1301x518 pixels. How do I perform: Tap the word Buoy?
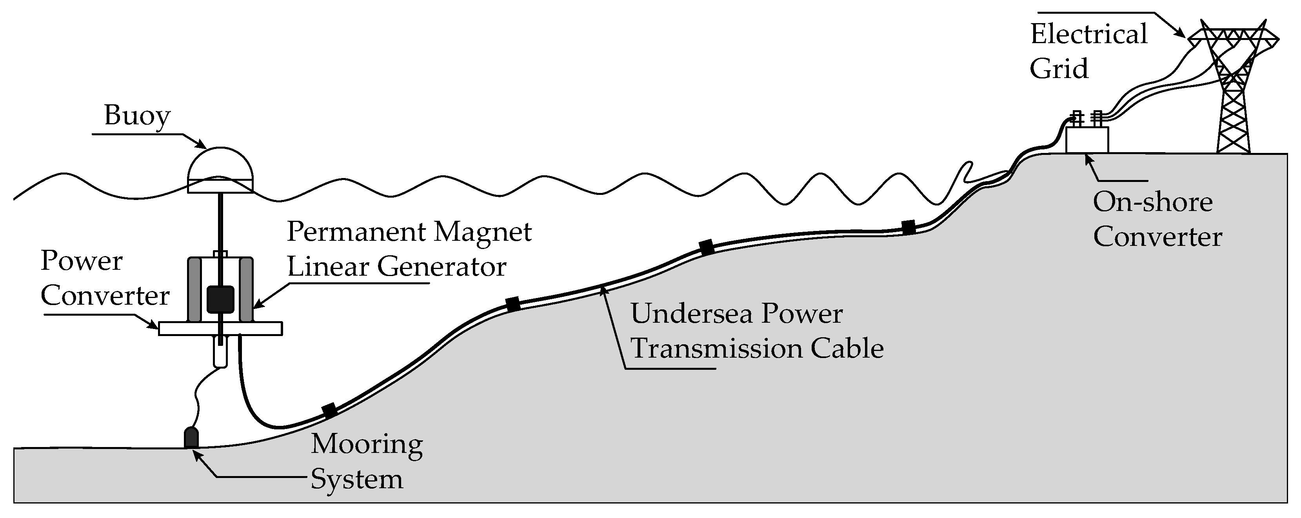tap(137, 116)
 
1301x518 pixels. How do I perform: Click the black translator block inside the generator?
tap(220, 300)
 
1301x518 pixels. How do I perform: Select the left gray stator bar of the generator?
tap(194, 290)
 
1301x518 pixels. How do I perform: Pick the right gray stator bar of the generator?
tap(247, 290)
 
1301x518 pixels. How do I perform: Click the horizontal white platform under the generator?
tap(220, 329)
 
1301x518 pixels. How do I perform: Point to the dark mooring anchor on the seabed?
tap(191, 438)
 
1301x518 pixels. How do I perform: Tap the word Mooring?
tap(367, 444)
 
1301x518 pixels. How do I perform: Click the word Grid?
tap(1059, 69)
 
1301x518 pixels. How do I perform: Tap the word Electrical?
tap(1088, 35)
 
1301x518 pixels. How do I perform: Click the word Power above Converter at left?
tap(81, 261)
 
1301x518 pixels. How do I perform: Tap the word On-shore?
tap(1152, 202)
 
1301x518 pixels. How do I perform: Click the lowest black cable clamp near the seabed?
tap(330, 410)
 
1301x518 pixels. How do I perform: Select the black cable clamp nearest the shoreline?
tap(908, 227)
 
